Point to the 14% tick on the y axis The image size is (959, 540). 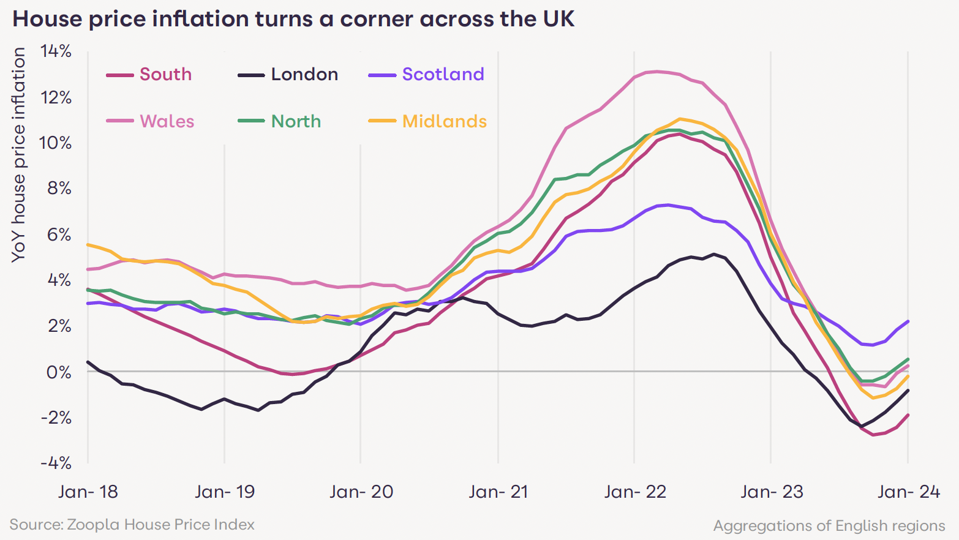coord(56,51)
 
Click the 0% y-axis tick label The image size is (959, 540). coord(59,372)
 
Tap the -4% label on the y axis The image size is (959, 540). coord(56,463)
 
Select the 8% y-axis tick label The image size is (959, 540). coord(59,189)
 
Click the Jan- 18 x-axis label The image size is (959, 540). coord(88,492)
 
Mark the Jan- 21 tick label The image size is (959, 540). coord(498,492)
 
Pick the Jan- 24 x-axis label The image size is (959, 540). coord(909,492)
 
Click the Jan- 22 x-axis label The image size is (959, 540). coord(635,492)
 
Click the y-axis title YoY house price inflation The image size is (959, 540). coord(19,154)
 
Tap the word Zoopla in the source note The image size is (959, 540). coord(94,525)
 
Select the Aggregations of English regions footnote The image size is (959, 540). coord(829,526)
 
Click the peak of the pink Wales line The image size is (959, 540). coord(657,72)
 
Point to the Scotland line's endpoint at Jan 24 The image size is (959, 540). coord(908,321)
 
